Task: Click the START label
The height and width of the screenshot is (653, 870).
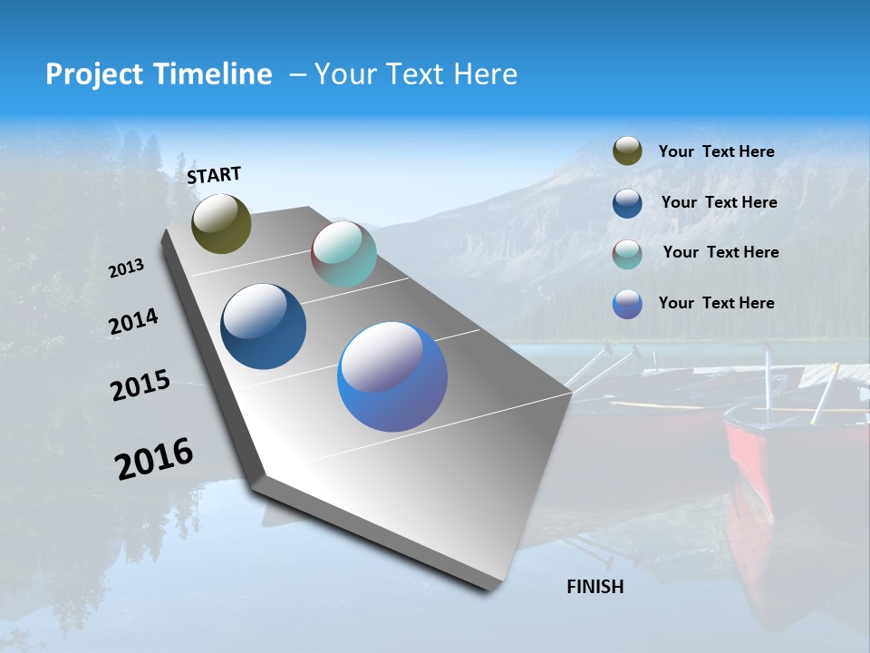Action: [x=214, y=175]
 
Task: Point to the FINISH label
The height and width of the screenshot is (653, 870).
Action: [x=594, y=587]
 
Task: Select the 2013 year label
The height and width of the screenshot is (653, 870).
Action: [x=126, y=268]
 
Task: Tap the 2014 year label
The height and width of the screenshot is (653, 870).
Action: [x=133, y=322]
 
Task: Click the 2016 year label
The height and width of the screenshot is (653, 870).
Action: [x=153, y=459]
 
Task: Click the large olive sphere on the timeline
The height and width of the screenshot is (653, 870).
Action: [x=221, y=223]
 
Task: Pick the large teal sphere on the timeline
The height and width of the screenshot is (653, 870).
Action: [x=343, y=254]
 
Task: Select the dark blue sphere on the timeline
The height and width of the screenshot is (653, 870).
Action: [x=263, y=326]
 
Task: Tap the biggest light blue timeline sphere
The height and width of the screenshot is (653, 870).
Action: [x=392, y=376]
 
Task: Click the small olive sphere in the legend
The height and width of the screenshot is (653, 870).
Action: [x=627, y=151]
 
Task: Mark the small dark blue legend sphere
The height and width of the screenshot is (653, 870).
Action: [x=627, y=203]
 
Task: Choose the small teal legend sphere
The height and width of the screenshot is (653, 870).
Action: [x=627, y=254]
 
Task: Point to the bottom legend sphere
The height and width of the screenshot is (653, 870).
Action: [x=627, y=304]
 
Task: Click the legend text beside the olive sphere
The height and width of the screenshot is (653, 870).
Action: [x=716, y=152]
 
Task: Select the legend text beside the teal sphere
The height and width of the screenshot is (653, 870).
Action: [x=720, y=252]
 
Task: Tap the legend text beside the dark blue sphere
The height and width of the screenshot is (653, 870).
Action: [x=719, y=202]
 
